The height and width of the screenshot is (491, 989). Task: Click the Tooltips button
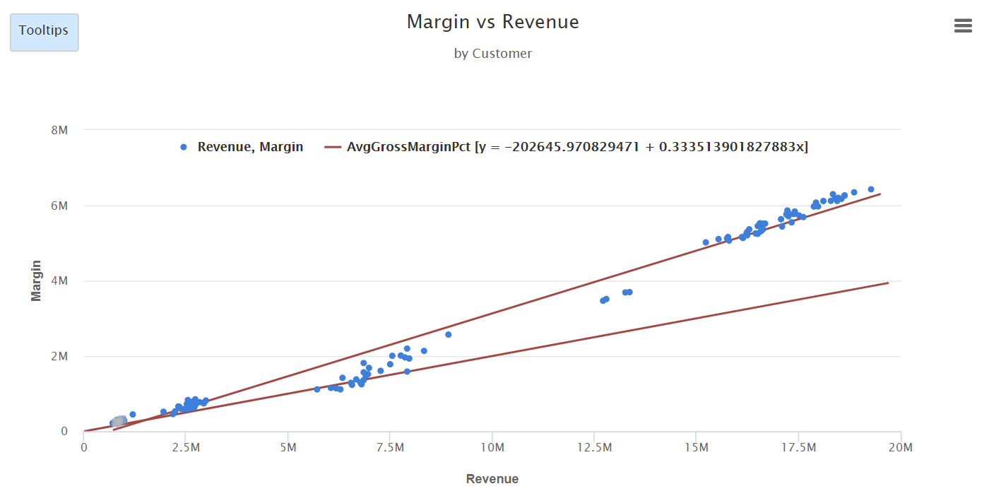tap(44, 32)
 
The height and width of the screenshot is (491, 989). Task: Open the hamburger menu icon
tap(963, 26)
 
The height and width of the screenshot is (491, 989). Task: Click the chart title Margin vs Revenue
tap(492, 22)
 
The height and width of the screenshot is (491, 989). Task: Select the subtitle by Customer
tap(492, 54)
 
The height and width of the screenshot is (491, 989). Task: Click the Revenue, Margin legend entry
tap(242, 147)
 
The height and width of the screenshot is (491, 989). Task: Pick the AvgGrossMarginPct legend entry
tap(576, 147)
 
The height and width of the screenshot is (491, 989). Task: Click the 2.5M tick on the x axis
tap(186, 447)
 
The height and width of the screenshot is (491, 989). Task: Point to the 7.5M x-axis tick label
tap(390, 447)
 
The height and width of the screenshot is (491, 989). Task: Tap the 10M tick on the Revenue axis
tap(492, 447)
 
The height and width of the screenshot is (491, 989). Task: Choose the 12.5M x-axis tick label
tap(594, 447)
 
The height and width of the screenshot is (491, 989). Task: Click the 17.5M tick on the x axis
tap(798, 447)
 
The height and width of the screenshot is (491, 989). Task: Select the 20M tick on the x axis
tap(901, 447)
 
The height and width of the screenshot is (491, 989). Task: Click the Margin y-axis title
tap(36, 280)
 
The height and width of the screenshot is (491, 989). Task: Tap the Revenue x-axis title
tap(492, 479)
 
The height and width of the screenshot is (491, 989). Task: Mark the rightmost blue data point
tap(871, 189)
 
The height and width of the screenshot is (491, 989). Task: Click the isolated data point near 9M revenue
tap(448, 334)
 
